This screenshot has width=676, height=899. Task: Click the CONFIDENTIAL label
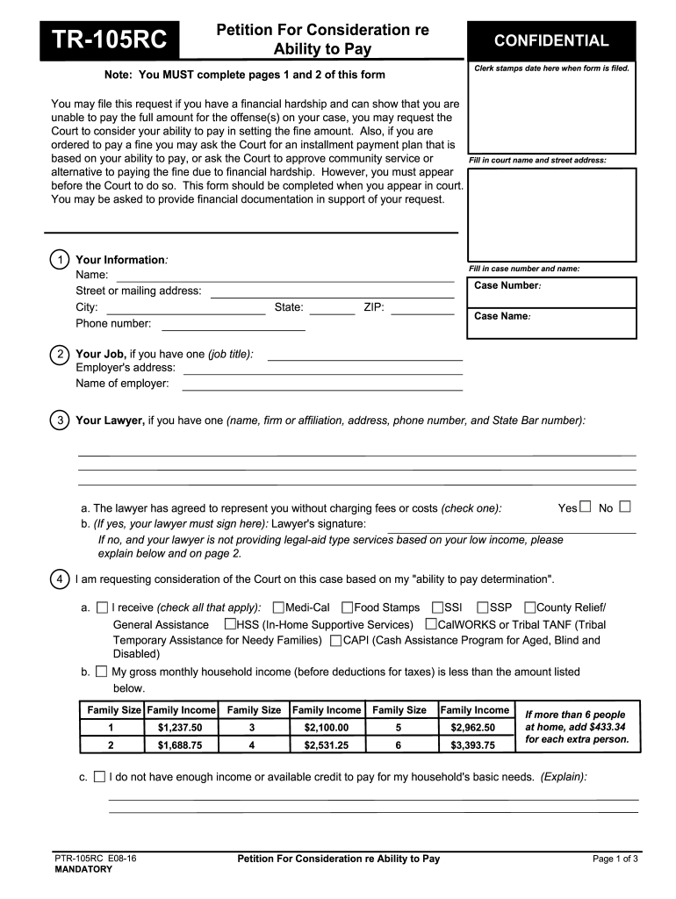(551, 40)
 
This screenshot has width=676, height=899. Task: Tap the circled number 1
(59, 260)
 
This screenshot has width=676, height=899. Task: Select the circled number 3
(59, 421)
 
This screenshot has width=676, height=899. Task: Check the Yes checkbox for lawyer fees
(586, 507)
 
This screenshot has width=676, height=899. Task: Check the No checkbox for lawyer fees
(625, 507)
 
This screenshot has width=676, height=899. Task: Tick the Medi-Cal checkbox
(278, 608)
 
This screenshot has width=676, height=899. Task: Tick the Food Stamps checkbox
(348, 608)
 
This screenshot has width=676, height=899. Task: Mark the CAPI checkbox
(336, 641)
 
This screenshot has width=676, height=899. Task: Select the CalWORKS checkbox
(431, 624)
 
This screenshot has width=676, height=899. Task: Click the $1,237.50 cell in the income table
(180, 728)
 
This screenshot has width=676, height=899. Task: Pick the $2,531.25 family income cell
(326, 745)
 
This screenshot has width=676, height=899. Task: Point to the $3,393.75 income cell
(472, 745)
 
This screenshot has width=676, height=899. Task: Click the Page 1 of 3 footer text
(615, 859)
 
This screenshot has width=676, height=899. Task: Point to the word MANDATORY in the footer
(83, 869)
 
